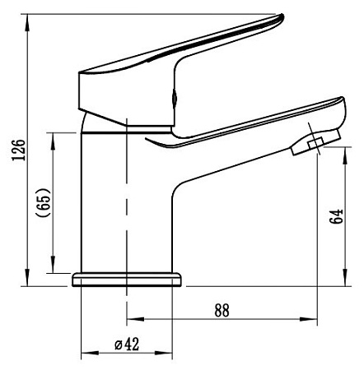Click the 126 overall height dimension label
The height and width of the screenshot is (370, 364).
click(x=18, y=150)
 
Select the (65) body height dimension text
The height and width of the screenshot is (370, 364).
click(x=44, y=202)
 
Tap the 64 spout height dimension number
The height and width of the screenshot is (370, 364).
click(x=337, y=216)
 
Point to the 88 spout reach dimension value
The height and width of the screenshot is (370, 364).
click(x=222, y=310)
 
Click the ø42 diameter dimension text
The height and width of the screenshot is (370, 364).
click(x=127, y=344)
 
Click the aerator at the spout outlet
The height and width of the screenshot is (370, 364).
click(x=315, y=142)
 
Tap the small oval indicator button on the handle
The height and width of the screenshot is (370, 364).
click(x=174, y=98)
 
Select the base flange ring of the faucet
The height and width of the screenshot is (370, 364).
click(x=127, y=280)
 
